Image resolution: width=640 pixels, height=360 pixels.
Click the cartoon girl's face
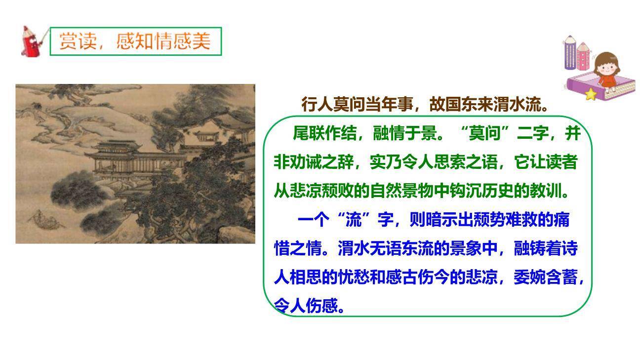(606, 64)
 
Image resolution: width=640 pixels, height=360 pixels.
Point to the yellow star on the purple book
(591, 94)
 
